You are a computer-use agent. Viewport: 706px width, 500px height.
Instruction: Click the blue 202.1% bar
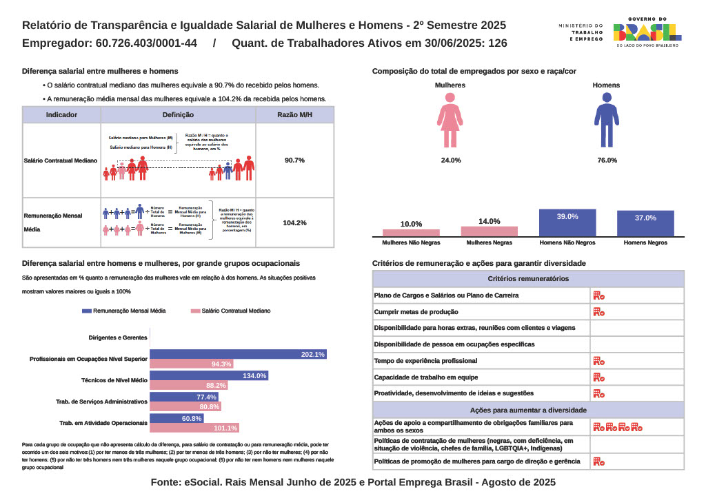238,354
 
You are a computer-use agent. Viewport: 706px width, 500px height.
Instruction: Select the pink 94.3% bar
192,364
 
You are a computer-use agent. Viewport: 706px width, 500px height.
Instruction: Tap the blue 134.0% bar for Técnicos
209,375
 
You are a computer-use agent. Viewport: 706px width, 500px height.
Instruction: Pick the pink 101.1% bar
194,428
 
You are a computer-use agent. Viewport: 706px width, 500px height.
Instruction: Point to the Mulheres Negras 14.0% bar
489,231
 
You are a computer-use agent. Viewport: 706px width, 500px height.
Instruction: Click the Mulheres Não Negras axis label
411,243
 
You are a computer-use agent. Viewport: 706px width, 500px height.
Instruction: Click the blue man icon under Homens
607,121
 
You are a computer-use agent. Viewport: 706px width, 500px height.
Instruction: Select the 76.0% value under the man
607,160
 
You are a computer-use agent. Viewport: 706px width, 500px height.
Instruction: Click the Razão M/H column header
294,115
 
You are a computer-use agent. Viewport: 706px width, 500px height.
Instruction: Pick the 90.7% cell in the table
294,160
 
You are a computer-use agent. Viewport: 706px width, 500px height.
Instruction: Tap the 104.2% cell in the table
294,222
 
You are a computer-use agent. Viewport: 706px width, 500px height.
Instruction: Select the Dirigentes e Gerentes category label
118,337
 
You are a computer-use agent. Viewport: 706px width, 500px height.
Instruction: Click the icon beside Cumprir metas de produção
598,312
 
